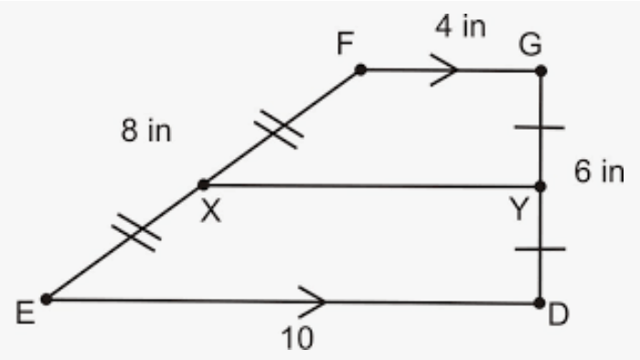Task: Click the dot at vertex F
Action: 360,69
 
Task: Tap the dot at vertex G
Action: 541,71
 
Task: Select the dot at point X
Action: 203,185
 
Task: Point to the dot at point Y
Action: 540,186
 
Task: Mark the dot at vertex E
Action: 47,300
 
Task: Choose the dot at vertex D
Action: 539,303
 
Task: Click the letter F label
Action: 345,43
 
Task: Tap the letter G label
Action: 530,44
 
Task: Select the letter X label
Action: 211,211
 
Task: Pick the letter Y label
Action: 519,208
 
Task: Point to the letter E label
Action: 26,312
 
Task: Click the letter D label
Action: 558,314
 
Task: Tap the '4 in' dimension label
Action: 461,26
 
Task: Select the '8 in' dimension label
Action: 146,131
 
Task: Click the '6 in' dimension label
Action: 599,171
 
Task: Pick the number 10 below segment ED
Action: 297,338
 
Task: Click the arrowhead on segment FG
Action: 444,70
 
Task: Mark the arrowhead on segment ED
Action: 313,302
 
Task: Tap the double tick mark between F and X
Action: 279,130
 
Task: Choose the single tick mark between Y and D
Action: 540,249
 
